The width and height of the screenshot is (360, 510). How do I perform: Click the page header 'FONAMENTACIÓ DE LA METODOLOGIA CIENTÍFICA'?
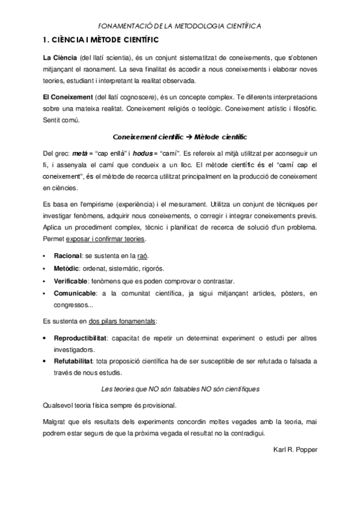point(180,26)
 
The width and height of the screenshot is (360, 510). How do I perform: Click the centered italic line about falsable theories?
point(180,389)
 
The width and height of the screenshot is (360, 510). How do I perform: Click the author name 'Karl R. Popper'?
point(294,448)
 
